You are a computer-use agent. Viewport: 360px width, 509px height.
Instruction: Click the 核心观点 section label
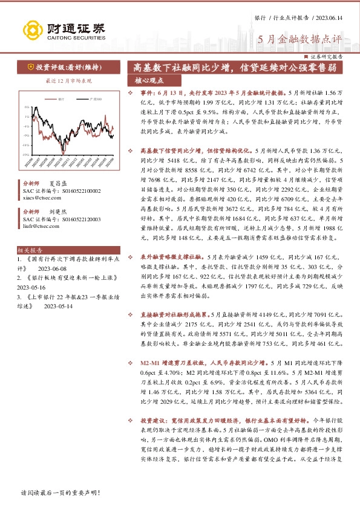tap(149, 80)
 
